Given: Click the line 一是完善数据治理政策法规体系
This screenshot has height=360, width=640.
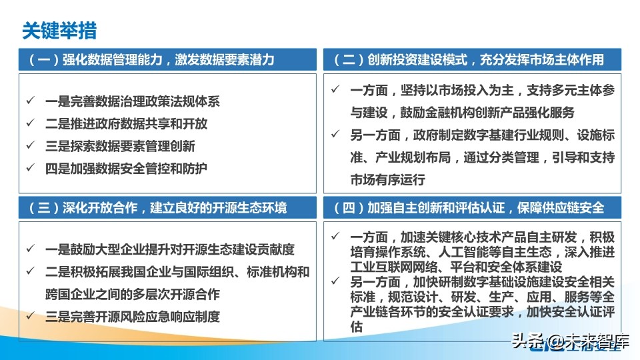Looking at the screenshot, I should click(x=133, y=102).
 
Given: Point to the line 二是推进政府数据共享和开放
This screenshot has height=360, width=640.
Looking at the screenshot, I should click(x=127, y=124).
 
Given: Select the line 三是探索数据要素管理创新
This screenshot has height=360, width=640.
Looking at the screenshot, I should click(x=120, y=146).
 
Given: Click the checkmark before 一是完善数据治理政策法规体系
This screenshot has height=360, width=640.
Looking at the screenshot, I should click(x=30, y=102).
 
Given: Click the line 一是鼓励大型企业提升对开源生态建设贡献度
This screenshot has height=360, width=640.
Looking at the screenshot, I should click(x=170, y=250).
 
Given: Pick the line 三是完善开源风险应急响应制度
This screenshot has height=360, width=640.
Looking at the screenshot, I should click(x=133, y=317).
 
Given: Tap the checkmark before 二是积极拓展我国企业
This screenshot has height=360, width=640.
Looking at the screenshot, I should click(x=30, y=272).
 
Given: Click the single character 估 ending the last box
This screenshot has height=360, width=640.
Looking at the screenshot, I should click(x=357, y=327).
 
